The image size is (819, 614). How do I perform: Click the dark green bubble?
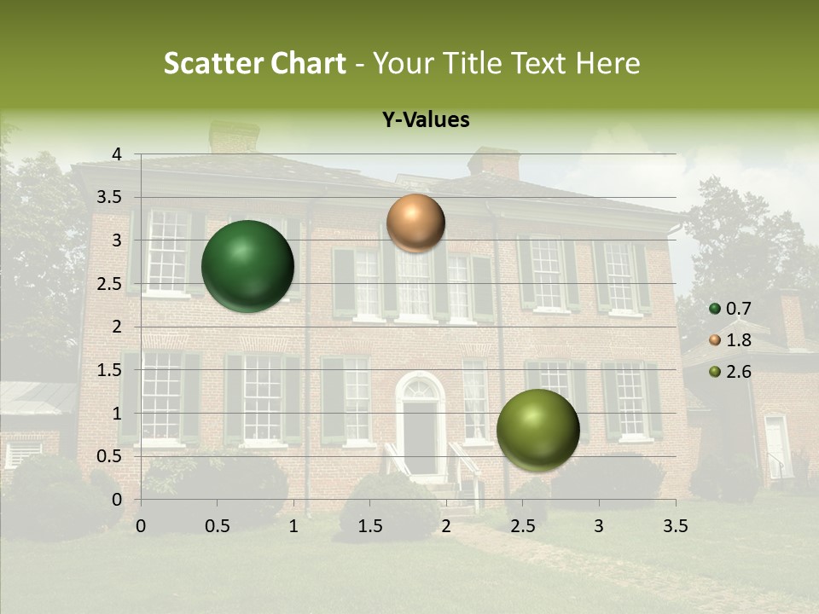248,266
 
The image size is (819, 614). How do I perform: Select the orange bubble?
415,223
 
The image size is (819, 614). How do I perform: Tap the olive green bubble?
537,430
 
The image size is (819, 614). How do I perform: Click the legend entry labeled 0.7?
731,309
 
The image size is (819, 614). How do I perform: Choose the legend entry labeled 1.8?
731,340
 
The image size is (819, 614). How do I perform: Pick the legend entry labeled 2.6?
731,372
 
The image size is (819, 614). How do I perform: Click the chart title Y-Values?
426,120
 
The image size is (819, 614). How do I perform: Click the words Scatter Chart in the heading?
254,63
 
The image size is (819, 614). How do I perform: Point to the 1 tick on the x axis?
293,526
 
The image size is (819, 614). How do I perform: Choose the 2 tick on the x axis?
446,526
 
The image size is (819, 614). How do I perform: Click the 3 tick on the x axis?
599,526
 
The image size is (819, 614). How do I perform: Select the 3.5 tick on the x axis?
675,526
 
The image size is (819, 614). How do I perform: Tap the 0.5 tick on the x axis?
218,526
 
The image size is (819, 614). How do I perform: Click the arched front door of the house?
420,431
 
